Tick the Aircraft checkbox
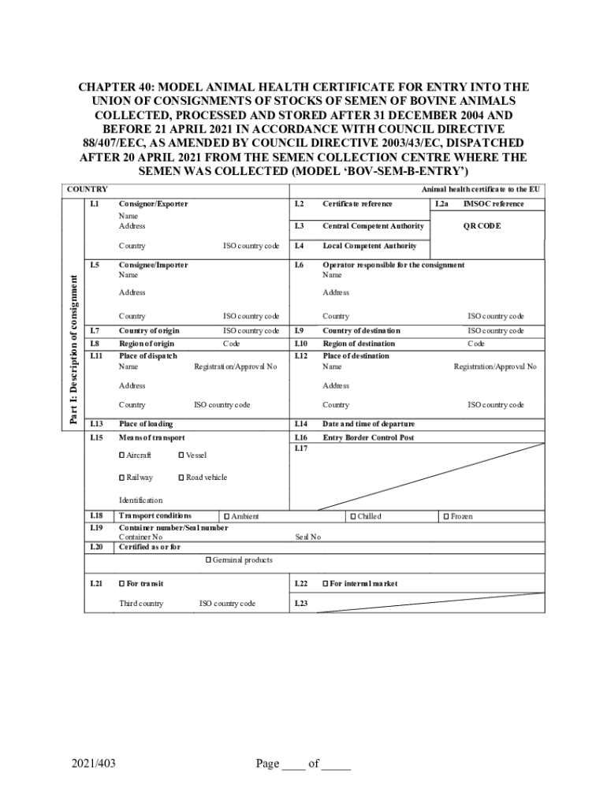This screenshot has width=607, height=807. pyautogui.click(x=122, y=456)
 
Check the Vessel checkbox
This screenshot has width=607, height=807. pyautogui.click(x=182, y=456)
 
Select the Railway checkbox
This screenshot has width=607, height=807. pyautogui.click(x=122, y=478)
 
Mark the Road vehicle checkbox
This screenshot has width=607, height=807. pyautogui.click(x=182, y=478)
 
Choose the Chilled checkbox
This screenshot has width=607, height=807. pyautogui.click(x=353, y=517)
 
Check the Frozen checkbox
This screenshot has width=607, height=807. pyautogui.click(x=446, y=517)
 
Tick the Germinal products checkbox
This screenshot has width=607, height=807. pyautogui.click(x=208, y=560)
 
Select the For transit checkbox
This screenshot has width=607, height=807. pyautogui.click(x=122, y=584)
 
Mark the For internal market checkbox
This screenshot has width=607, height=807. pyautogui.click(x=325, y=584)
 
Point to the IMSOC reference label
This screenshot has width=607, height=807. pyautogui.click(x=493, y=204)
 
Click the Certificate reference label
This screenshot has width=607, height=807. pyautogui.click(x=357, y=204)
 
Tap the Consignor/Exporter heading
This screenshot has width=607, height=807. pyautogui.click(x=153, y=204)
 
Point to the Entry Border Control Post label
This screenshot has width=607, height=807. pyautogui.click(x=368, y=437)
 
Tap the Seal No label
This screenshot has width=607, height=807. pyautogui.click(x=307, y=537)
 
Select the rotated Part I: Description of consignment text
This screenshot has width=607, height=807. pyautogui.click(x=73, y=349)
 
